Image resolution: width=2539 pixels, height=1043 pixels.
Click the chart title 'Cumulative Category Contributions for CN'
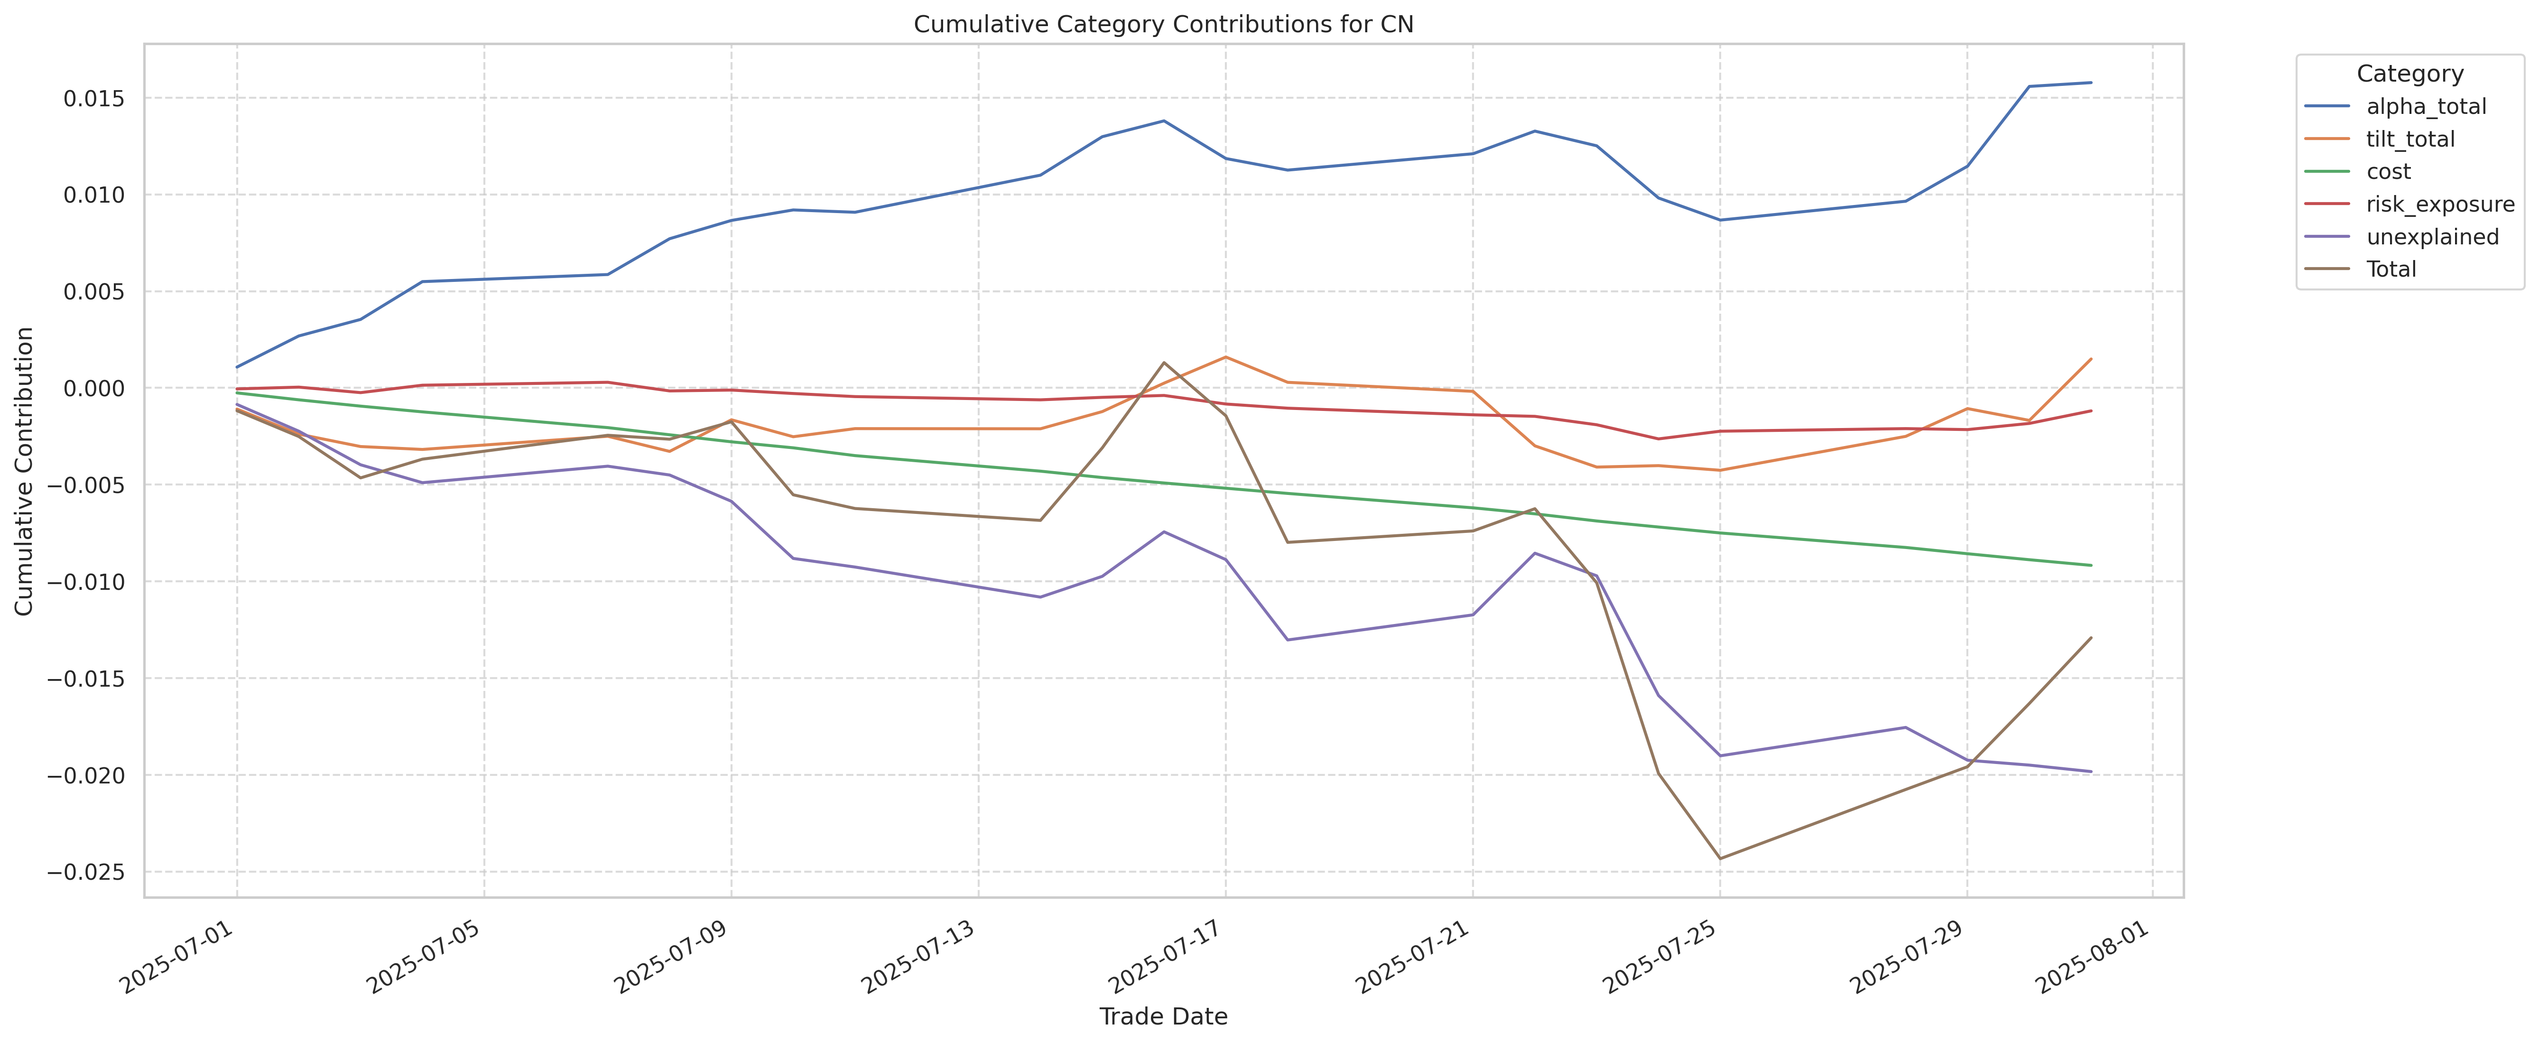tap(1163, 25)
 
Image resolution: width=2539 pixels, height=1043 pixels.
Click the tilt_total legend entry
tap(2410, 139)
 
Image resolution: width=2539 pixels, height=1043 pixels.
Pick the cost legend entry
tap(2388, 171)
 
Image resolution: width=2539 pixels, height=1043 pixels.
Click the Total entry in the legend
tap(2391, 269)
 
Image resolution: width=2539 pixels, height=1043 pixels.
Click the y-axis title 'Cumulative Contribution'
tap(25, 471)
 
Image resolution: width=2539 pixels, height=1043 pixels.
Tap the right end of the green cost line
tap(2091, 565)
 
